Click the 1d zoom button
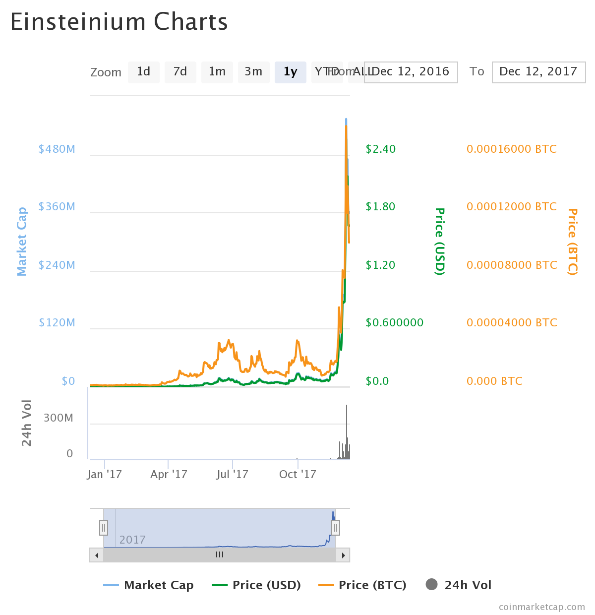[x=143, y=72]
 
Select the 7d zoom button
[x=180, y=72]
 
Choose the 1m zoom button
[x=217, y=72]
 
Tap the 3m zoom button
[x=253, y=72]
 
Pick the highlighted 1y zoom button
[x=290, y=72]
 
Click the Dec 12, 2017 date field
[x=538, y=72]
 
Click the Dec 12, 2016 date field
[x=411, y=72]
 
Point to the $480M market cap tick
[x=57, y=149]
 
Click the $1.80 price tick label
[x=380, y=206]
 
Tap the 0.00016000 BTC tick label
[x=511, y=149]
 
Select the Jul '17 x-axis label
[x=232, y=474]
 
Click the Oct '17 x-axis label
[x=297, y=474]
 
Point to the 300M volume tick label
[x=59, y=418]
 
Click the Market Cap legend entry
[x=149, y=585]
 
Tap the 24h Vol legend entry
[x=459, y=585]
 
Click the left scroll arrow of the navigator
[x=97, y=555]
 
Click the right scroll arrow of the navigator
[x=343, y=555]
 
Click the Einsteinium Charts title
[x=119, y=22]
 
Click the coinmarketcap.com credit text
[x=541, y=607]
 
